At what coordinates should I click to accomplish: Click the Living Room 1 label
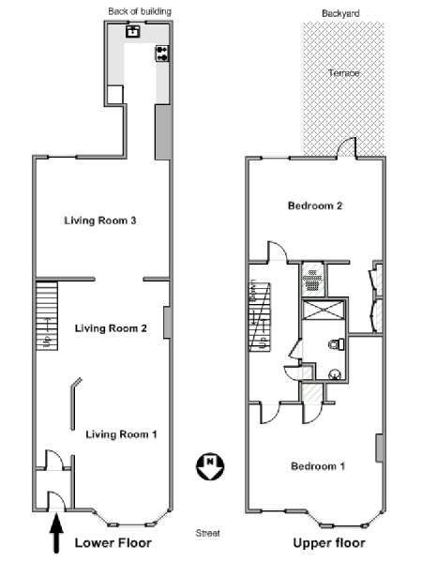[x=121, y=434]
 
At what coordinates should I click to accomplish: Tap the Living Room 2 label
[x=111, y=328]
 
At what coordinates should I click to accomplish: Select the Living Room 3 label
[x=100, y=221]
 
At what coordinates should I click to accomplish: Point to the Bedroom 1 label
[x=318, y=466]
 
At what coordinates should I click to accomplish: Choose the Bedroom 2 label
[x=315, y=205]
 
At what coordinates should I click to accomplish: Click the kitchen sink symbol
[x=133, y=31]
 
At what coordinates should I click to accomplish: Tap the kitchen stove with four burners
[x=162, y=53]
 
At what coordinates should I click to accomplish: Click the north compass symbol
[x=210, y=466]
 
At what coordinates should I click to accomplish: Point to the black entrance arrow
[x=56, y=533]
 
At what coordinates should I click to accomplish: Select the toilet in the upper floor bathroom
[x=337, y=344]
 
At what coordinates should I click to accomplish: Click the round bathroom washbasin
[x=335, y=374]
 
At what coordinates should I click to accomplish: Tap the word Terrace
[x=344, y=73]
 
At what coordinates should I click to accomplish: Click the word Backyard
[x=340, y=14]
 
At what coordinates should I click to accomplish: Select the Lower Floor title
[x=113, y=543]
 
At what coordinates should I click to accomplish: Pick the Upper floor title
[x=329, y=543]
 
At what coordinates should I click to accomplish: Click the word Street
[x=207, y=533]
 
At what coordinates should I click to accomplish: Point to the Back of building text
[x=140, y=11]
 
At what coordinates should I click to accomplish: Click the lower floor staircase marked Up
[x=47, y=316]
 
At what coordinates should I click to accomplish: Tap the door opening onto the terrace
[x=346, y=148]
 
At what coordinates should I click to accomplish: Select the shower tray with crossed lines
[x=323, y=310]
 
